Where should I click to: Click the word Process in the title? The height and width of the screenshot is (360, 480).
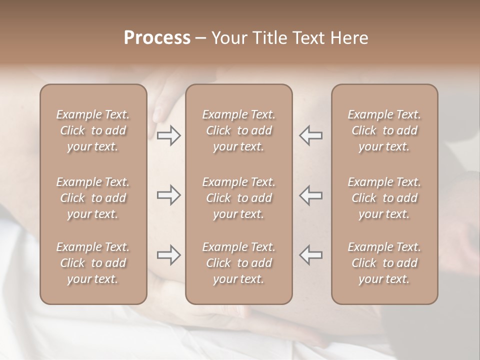157,38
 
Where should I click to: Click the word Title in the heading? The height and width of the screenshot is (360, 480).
265,38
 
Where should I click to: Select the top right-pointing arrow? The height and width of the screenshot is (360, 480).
169,135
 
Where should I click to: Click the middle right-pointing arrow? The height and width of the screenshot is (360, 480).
169,195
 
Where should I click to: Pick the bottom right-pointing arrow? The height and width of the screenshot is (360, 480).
169,255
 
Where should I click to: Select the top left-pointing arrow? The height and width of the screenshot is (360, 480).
310,135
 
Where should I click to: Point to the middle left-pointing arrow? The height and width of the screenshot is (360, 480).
310,195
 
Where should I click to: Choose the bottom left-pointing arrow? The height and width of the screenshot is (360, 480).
310,255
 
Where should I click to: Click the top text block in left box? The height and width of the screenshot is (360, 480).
93,130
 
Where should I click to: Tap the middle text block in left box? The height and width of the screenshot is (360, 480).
93,198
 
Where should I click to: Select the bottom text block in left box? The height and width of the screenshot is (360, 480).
93,263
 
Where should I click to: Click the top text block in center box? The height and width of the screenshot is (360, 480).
239,130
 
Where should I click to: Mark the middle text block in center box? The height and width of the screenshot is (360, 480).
239,198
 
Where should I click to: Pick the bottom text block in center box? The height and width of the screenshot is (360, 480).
239,263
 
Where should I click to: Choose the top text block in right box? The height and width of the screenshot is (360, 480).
384,130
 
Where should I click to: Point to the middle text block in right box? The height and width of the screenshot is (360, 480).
384,198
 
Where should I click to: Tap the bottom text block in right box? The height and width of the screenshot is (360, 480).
384,263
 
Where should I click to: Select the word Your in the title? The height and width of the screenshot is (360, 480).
229,38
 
